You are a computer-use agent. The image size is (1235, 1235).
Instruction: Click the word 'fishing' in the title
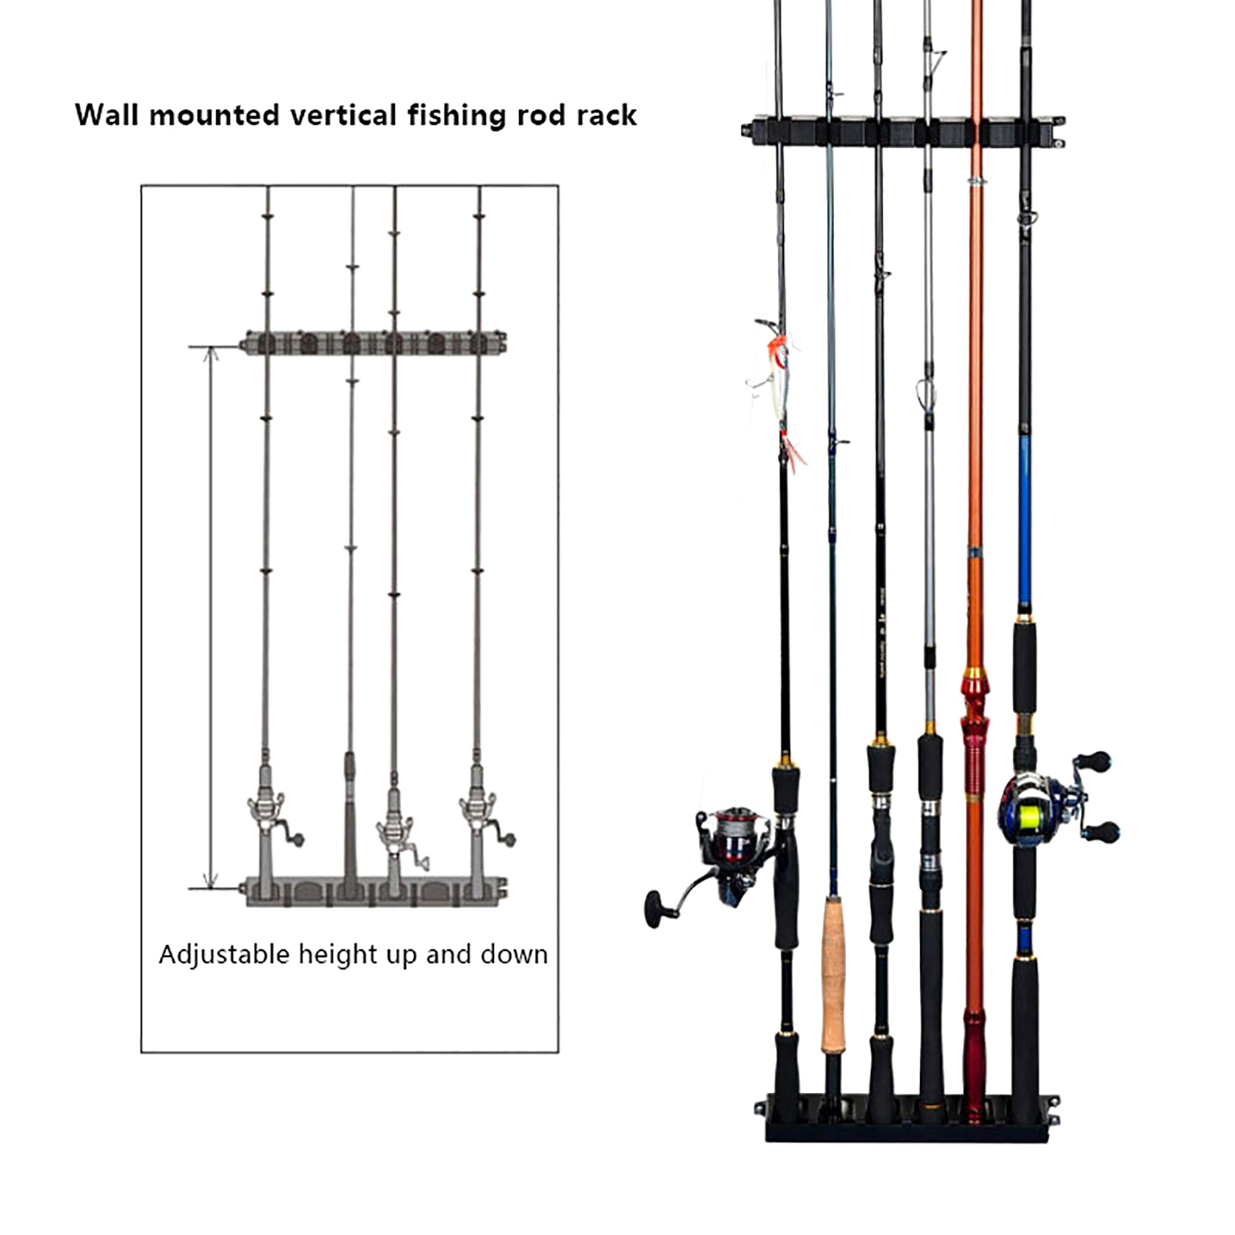tap(457, 116)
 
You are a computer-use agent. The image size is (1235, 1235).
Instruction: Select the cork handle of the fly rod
tap(833, 973)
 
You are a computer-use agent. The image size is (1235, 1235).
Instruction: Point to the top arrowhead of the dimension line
tap(211, 354)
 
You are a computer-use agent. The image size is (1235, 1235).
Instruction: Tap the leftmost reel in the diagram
tap(270, 818)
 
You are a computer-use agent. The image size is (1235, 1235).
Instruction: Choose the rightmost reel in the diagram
tap(482, 818)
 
